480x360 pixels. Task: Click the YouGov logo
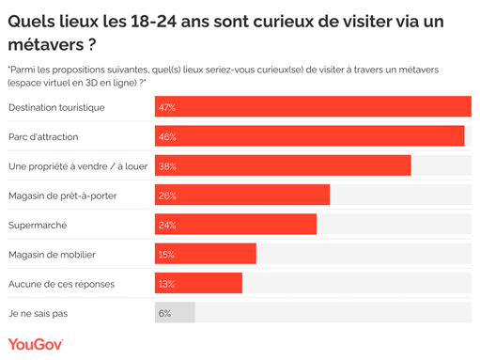tap(36, 345)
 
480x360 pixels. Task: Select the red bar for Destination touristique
tap(312, 107)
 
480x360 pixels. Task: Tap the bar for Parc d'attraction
tap(309, 136)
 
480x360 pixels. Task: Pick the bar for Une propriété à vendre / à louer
tap(282, 166)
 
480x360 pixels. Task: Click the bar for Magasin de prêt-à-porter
tap(241, 196)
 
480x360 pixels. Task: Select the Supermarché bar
tap(235, 225)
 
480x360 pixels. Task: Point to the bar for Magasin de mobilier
tap(205, 254)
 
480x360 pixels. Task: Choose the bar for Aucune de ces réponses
tap(198, 283)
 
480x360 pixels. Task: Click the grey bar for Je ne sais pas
tap(175, 312)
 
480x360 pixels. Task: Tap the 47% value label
tap(168, 108)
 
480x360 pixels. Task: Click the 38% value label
tap(168, 166)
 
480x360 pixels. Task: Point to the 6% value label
tap(165, 313)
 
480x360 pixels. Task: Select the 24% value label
tap(168, 226)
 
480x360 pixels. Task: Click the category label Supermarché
tap(38, 226)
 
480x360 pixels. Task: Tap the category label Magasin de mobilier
tap(52, 255)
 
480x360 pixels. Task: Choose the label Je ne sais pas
tap(39, 313)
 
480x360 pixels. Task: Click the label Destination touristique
tap(56, 108)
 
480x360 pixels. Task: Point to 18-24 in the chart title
tap(159, 20)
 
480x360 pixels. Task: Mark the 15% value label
tap(168, 255)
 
